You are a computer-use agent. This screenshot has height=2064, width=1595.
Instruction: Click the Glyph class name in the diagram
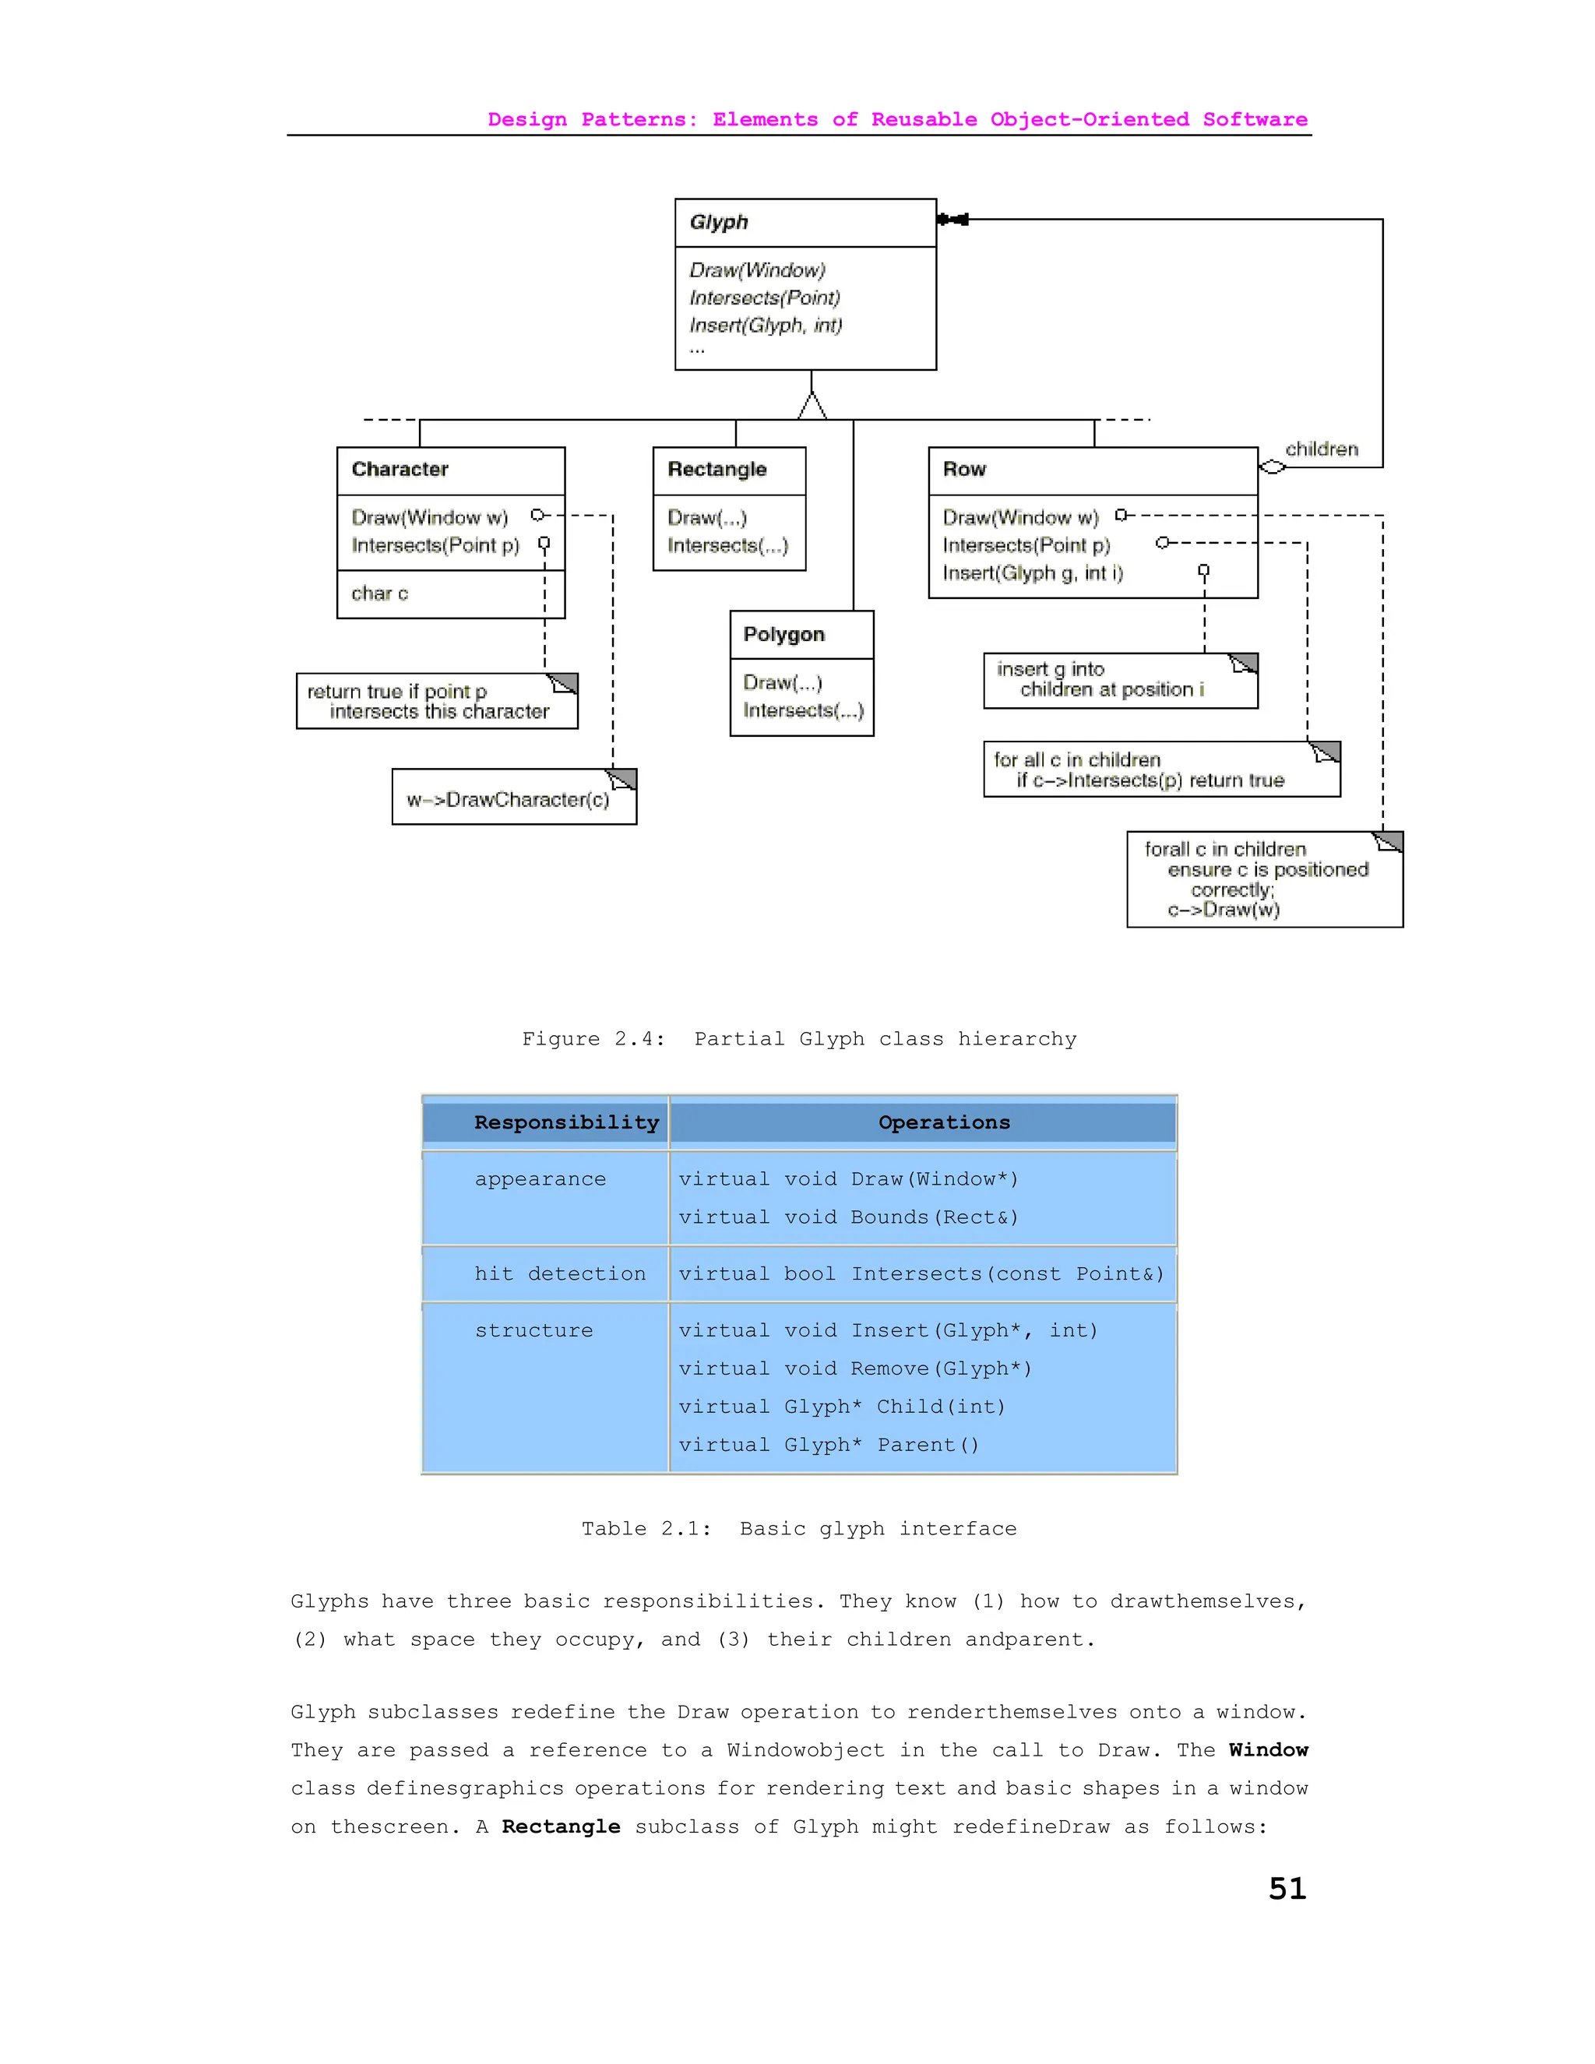719,222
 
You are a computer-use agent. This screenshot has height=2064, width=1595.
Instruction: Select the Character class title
400,470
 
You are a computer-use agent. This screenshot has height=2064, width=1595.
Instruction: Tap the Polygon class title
783,634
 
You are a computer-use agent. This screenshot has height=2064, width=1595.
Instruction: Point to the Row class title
964,470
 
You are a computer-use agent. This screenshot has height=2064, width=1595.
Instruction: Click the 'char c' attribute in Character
380,593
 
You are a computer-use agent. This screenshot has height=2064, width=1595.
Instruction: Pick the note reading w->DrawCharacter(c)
509,800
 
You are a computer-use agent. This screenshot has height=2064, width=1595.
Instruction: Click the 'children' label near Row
1321,449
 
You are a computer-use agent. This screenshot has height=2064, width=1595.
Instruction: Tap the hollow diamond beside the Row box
1273,467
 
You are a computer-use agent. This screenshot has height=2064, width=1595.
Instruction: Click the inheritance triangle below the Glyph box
812,407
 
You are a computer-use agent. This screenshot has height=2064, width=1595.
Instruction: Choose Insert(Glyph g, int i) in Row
1033,572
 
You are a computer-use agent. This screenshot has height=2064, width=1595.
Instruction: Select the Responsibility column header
566,1122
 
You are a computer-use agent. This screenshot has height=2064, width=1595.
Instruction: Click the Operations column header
943,1122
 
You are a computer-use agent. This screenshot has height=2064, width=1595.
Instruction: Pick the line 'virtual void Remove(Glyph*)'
854,1368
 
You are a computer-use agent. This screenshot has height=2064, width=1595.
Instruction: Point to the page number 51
1287,1888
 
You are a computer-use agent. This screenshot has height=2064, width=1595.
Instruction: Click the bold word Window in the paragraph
1268,1749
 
